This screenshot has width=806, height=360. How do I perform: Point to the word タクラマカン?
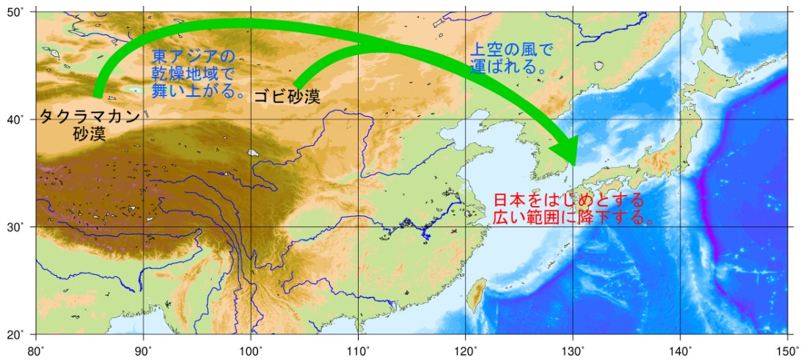point(89,117)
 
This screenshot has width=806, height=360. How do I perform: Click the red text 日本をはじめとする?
point(569,199)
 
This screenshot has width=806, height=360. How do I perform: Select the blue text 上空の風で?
point(510,51)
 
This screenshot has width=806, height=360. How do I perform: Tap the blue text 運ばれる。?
point(507,67)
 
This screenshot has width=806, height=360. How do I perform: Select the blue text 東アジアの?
point(193,56)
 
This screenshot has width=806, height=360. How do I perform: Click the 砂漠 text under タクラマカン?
point(89,134)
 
